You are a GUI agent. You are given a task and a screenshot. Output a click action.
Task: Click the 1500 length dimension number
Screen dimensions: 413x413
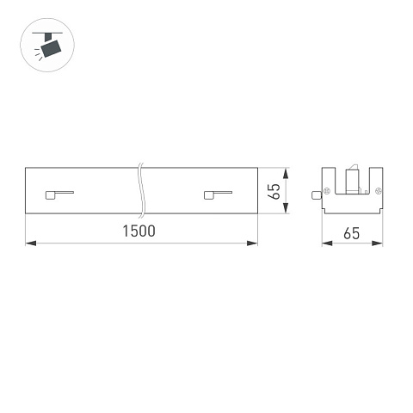pyautogui.click(x=139, y=231)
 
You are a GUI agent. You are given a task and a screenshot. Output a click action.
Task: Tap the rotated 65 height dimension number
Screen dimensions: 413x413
pyautogui.click(x=274, y=191)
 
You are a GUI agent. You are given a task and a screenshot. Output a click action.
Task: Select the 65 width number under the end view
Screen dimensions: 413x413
pyautogui.click(x=351, y=233)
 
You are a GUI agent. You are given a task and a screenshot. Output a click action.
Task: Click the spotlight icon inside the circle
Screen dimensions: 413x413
pyautogui.click(x=48, y=46)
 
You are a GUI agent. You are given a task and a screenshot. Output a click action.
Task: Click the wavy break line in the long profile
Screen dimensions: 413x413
pyautogui.click(x=141, y=191)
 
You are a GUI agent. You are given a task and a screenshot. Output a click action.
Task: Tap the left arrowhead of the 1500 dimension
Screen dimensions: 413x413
pyautogui.click(x=31, y=243)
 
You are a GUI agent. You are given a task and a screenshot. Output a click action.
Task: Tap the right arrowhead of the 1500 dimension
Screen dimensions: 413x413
pyautogui.click(x=252, y=243)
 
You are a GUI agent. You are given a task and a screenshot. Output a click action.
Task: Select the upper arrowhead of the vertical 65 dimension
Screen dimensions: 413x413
pyautogui.click(x=286, y=174)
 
